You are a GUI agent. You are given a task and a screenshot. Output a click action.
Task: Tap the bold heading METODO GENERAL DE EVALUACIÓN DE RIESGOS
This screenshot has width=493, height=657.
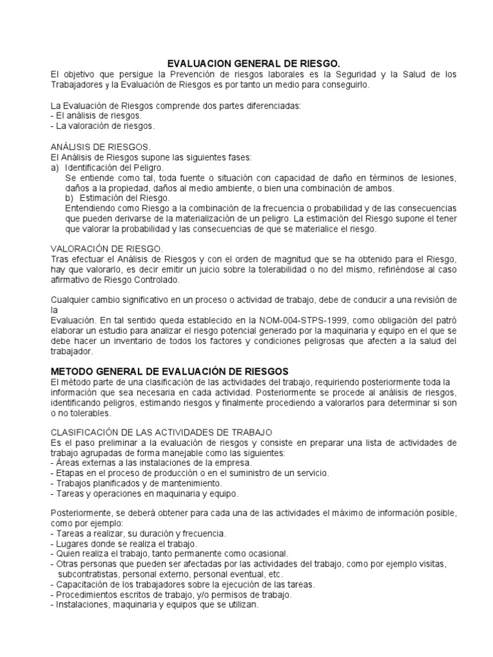pyautogui.click(x=169, y=371)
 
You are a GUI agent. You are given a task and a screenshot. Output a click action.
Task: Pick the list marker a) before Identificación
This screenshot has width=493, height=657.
pyautogui.click(x=55, y=167)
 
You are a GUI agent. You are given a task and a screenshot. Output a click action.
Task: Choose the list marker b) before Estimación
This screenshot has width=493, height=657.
pyautogui.click(x=69, y=198)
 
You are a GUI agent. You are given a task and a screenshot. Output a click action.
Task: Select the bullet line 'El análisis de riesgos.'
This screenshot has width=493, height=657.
pyautogui.click(x=96, y=115)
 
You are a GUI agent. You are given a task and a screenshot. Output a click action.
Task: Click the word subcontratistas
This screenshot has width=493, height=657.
pyautogui.click(x=89, y=574)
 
